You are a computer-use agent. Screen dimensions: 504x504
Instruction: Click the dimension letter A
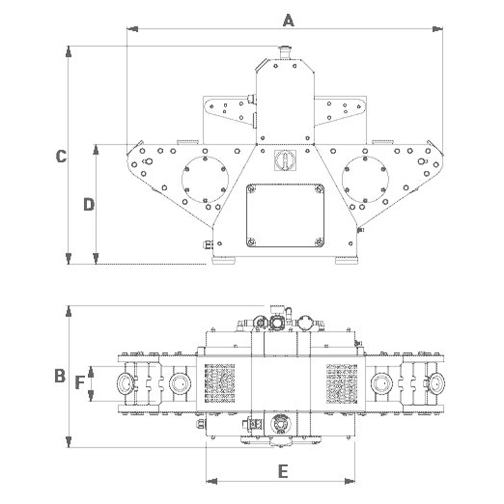point(288,21)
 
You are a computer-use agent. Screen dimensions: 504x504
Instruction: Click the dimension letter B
point(60,376)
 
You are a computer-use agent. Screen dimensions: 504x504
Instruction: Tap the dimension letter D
point(89,205)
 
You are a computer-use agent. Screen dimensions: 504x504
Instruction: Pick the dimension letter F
point(80,383)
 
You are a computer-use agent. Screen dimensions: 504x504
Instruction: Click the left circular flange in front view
point(205,179)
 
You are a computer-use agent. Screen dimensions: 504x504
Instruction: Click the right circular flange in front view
point(365,179)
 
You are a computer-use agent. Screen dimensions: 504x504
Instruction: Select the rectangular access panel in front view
point(285,215)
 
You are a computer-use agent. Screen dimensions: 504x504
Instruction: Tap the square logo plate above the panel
point(285,160)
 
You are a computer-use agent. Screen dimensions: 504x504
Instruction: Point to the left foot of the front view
point(223,261)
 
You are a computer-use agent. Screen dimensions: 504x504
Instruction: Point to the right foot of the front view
point(346,261)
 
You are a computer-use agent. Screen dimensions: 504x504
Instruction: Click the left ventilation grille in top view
point(219,383)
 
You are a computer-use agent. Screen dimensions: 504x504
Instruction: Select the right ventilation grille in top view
point(342,383)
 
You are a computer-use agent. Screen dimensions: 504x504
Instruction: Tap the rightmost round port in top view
point(436,384)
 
